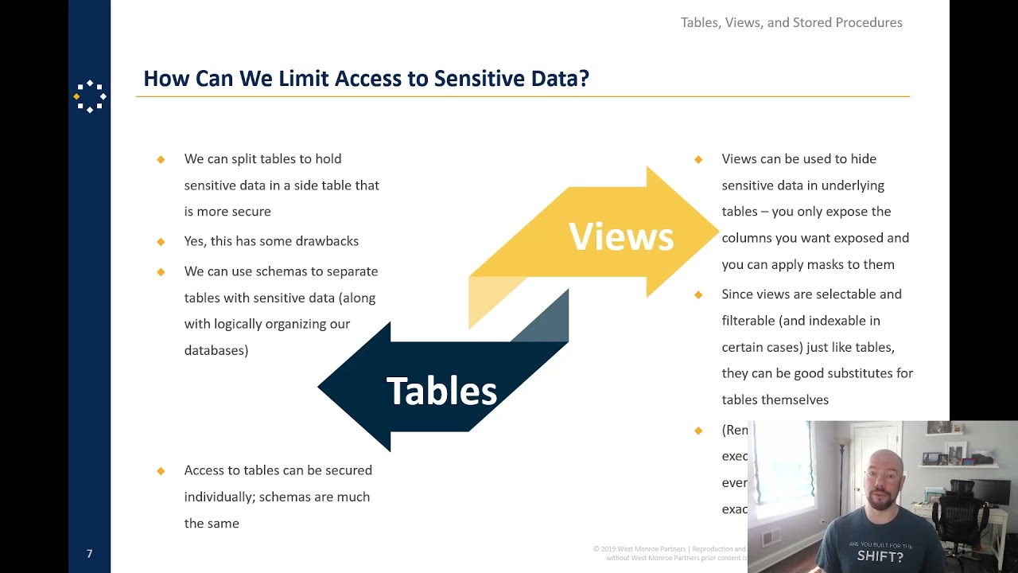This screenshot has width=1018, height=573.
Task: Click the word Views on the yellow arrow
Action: pos(621,236)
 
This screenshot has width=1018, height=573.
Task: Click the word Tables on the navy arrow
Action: pos(441,391)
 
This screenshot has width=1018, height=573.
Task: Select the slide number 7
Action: pos(89,554)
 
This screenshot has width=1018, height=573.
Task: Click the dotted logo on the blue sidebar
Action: pos(90,96)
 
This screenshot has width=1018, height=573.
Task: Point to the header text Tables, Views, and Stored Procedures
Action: pos(791,22)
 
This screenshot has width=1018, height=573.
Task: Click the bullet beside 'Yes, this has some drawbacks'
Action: pos(161,241)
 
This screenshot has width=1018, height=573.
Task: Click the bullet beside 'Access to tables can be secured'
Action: pos(161,470)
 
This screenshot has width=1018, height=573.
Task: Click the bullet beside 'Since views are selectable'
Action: pos(698,294)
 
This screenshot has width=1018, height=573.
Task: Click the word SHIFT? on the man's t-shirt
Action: pos(880,556)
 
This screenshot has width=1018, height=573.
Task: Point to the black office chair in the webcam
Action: pos(958,509)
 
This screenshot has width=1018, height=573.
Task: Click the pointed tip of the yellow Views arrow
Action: pos(717,232)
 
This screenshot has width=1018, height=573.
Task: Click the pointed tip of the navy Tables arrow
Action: pos(320,388)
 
